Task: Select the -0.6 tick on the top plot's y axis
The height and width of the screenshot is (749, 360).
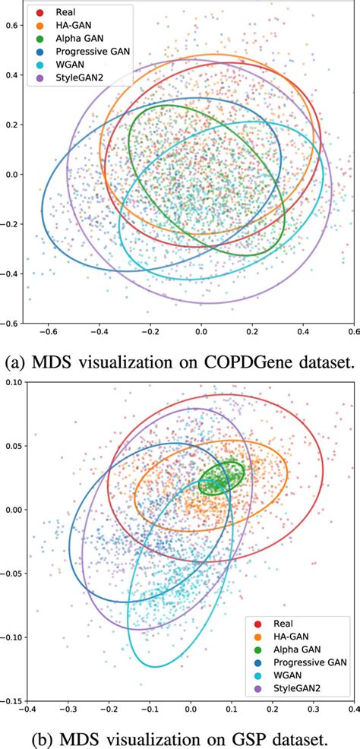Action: (x=11, y=323)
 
